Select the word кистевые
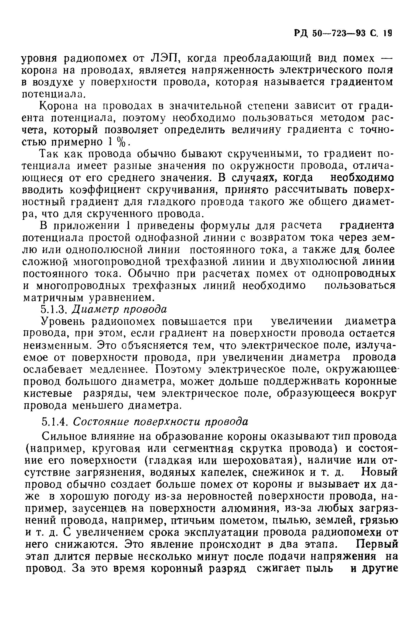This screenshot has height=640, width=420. pyautogui.click(x=48, y=394)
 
